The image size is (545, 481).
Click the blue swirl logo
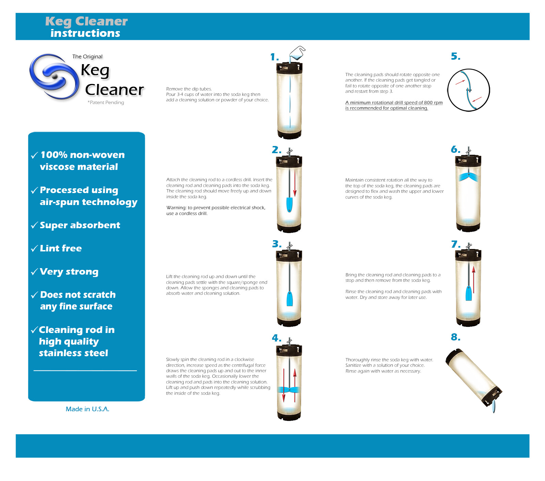click(x=54, y=76)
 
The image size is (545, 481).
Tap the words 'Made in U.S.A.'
click(x=88, y=409)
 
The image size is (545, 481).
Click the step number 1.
click(x=274, y=57)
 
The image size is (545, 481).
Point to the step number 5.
click(x=455, y=56)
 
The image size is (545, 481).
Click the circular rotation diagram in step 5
click(x=468, y=90)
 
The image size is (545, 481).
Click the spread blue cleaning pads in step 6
click(x=468, y=177)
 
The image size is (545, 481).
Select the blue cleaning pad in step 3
click(x=290, y=299)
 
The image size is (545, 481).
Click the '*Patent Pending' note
click(x=106, y=102)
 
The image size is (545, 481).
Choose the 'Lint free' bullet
click(x=61, y=248)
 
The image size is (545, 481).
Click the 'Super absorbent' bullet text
click(x=80, y=225)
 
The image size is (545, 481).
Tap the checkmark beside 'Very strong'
click(x=34, y=272)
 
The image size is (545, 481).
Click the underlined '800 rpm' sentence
click(x=394, y=105)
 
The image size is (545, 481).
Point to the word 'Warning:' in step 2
click(x=176, y=207)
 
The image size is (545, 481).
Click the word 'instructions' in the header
click(x=85, y=33)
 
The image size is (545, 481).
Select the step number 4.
click(x=276, y=338)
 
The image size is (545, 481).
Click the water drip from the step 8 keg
click(x=494, y=407)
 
